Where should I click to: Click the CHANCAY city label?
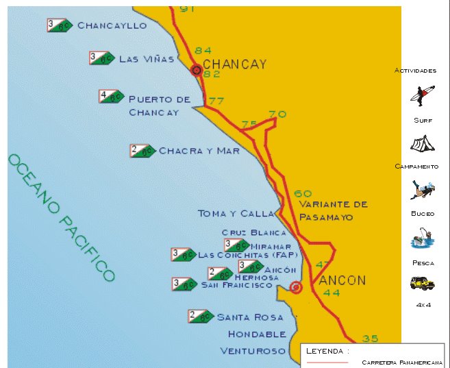pos(234,64)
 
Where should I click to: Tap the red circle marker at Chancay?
pos(197,70)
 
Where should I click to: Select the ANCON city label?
pos(342,280)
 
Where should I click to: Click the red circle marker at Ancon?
pos(295,287)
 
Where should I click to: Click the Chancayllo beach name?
pos(112,25)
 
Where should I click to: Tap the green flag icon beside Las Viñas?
pos(102,58)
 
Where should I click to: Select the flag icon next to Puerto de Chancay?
pos(111,97)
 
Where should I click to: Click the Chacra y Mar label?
pos(199,150)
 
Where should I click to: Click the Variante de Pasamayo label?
pos(334,210)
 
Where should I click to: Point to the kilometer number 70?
pos(277,114)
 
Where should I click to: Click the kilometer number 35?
pos(370,338)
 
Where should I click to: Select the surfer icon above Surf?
pos(423,95)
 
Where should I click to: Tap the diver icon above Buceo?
pos(422,189)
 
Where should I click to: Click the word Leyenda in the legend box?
pos(325,351)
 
